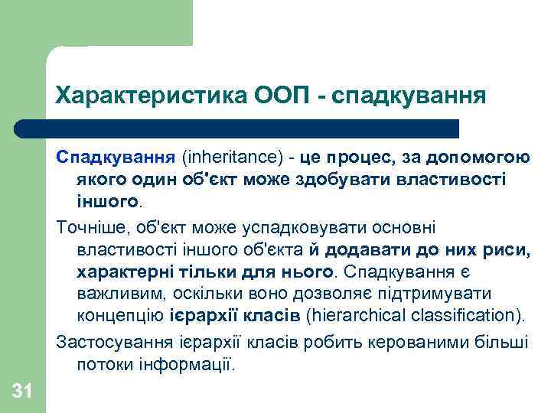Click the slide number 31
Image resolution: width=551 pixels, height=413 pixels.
[22, 392]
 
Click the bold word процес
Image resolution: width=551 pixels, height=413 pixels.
[358, 158]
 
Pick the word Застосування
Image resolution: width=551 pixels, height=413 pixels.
[105, 341]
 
